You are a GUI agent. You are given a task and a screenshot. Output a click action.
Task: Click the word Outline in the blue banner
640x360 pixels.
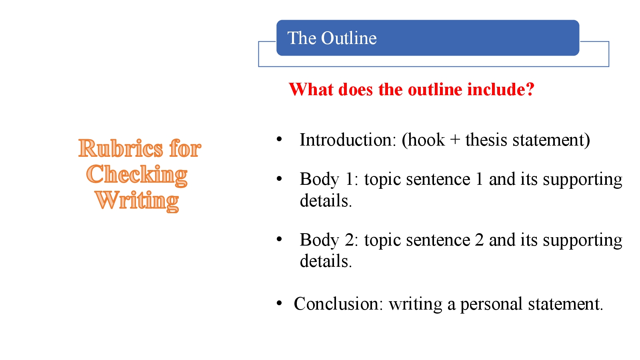349,38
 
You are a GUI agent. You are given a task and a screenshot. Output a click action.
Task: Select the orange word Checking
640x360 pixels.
137,174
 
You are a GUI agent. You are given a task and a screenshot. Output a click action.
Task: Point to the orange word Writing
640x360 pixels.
137,200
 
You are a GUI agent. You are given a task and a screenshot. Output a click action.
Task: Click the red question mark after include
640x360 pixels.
530,89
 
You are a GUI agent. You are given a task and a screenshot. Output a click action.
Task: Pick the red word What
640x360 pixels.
311,89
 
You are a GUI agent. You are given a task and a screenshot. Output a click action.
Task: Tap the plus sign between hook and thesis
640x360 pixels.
455,140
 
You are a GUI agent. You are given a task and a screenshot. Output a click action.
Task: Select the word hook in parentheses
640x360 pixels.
426,140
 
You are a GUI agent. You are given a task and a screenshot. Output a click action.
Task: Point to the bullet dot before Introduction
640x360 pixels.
279,140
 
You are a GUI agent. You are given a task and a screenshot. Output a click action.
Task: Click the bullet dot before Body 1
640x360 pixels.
279,179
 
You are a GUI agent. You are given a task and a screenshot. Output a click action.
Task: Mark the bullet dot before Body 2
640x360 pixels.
279,240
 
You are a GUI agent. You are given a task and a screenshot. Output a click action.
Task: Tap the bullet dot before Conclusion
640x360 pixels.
279,303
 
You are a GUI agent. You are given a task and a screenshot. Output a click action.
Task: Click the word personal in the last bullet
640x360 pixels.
492,304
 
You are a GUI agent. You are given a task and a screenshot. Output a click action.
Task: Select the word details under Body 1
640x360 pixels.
326,200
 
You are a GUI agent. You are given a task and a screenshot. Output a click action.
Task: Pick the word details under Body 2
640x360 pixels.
326,261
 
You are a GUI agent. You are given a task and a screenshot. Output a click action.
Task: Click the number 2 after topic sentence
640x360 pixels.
479,240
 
